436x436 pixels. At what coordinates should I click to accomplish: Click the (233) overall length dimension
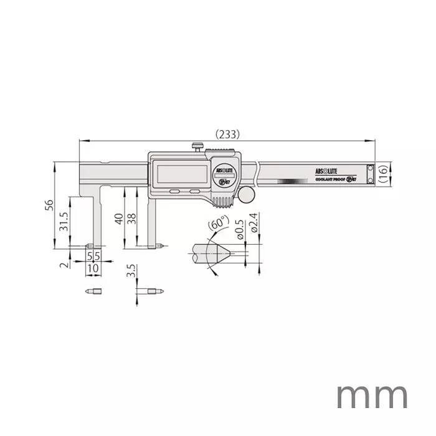[227, 134]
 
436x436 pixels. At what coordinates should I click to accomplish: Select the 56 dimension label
[49, 206]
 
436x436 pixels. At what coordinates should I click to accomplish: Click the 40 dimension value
[119, 218]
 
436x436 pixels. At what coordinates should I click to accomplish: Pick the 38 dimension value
[131, 218]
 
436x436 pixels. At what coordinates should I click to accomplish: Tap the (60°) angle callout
[217, 224]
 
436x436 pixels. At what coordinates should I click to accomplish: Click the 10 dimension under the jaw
[93, 267]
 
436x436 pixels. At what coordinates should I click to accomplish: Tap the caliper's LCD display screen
[181, 174]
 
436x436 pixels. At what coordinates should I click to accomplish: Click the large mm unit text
[372, 396]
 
